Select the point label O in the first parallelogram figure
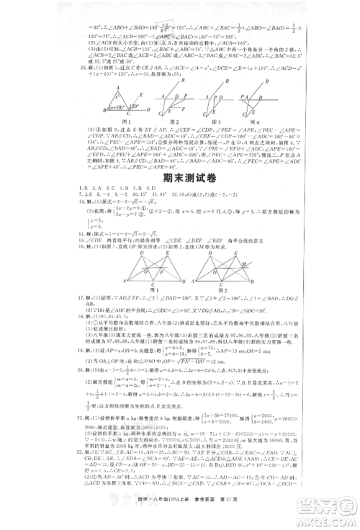pos(127,260)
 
